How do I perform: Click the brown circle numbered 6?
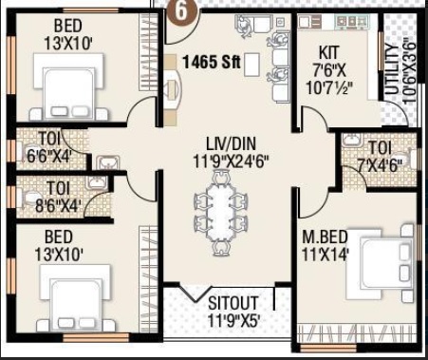(182, 13)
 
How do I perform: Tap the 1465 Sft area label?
(212, 62)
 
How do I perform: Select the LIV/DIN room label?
(231, 144)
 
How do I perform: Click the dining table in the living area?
(221, 213)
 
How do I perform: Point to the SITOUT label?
(233, 303)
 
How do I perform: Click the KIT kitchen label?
(329, 53)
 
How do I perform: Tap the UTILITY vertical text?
(391, 69)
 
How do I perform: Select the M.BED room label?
(325, 237)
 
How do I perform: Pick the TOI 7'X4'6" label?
(380, 157)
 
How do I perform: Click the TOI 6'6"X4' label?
(49, 147)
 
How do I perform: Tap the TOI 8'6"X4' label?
(58, 197)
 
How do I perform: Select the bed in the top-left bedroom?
(69, 87)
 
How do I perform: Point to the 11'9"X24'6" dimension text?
(231, 162)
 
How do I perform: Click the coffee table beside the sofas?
(252, 65)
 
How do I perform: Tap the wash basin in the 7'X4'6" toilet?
(351, 141)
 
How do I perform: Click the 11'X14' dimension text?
(326, 255)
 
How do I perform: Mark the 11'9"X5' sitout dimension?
(233, 320)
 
